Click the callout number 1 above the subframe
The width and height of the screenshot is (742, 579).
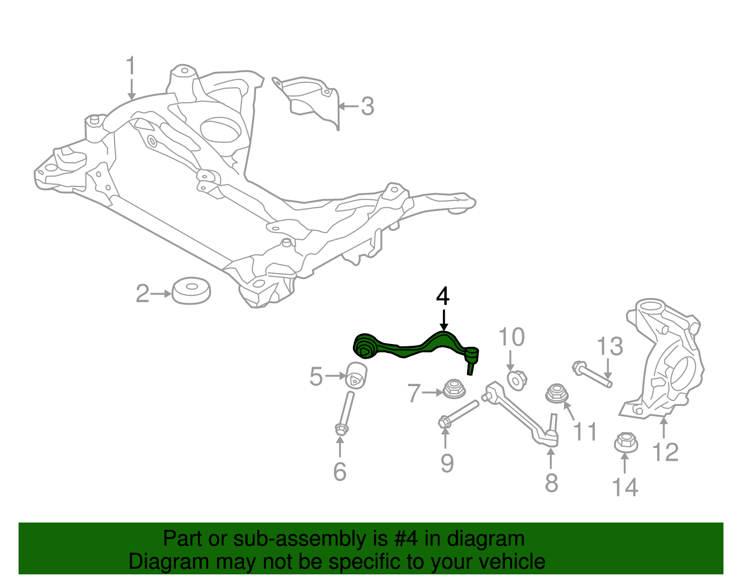[131, 66]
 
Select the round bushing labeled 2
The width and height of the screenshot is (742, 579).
[191, 291]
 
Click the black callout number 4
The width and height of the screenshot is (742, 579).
[443, 297]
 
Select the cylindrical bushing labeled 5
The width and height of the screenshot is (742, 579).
[357, 375]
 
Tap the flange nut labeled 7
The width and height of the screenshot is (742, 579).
[454, 389]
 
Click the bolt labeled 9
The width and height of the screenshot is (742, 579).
[459, 413]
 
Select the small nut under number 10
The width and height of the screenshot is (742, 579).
[516, 380]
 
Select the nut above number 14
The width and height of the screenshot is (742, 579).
[626, 443]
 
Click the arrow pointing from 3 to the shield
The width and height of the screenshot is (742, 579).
[348, 107]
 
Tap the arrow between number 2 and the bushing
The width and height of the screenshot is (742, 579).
[161, 294]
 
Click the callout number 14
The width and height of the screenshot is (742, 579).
[625, 488]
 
